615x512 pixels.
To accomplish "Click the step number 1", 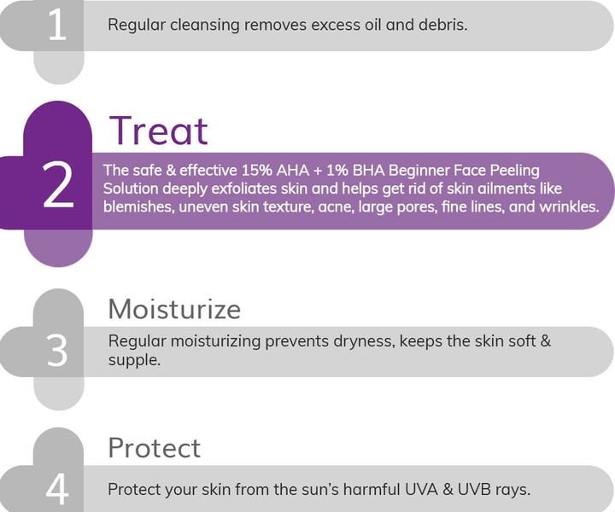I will (56, 26).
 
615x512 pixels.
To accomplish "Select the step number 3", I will (57, 351).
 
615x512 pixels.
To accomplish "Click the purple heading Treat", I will (159, 131).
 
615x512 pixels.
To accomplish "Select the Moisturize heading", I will (174, 308).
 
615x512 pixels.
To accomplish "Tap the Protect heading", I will (154, 447).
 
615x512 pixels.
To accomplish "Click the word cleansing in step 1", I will (205, 25).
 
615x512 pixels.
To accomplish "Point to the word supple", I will (133, 360).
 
